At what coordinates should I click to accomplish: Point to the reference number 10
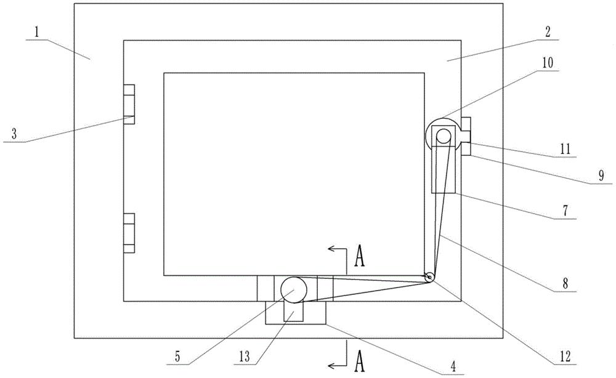[548, 63]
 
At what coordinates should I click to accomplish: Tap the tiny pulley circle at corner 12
[429, 279]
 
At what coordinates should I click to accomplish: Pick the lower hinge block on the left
[128, 233]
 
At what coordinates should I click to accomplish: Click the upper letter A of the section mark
[360, 257]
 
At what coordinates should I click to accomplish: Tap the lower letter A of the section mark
[360, 358]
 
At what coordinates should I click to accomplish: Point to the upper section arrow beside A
[338, 249]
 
